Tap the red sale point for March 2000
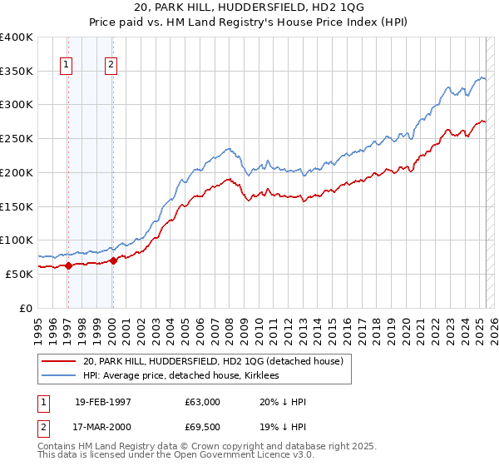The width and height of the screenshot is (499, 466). coord(113,260)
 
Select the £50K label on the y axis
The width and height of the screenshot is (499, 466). coord(20,274)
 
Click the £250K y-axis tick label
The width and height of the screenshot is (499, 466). coord(17,139)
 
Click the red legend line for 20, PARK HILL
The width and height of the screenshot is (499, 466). coord(58,361)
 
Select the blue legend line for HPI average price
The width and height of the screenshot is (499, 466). coord(58,375)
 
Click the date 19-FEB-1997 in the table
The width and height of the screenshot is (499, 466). coord(103,402)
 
